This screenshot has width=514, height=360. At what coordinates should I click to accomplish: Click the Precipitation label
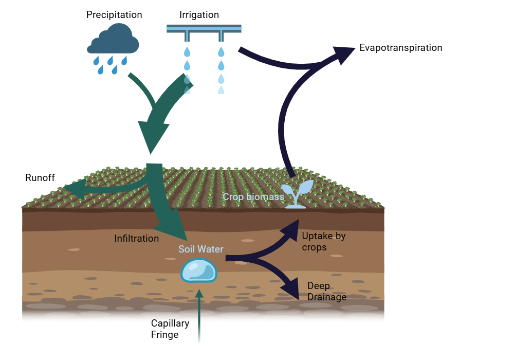(x=114, y=15)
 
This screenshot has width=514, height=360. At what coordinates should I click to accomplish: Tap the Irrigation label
(x=199, y=15)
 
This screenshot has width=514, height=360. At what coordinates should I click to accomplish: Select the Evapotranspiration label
(x=401, y=48)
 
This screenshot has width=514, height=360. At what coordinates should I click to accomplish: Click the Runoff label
(x=40, y=178)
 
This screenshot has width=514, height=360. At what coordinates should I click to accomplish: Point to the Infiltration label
(x=136, y=239)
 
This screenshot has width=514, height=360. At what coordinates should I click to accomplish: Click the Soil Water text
(x=201, y=249)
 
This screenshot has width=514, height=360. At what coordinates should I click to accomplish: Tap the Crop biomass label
(x=253, y=196)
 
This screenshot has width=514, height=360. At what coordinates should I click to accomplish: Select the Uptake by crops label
(x=323, y=242)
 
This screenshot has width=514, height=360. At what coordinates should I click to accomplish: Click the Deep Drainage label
(x=326, y=291)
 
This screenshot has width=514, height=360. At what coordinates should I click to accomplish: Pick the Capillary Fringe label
(x=170, y=329)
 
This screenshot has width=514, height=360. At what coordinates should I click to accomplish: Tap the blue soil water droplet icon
(x=199, y=270)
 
